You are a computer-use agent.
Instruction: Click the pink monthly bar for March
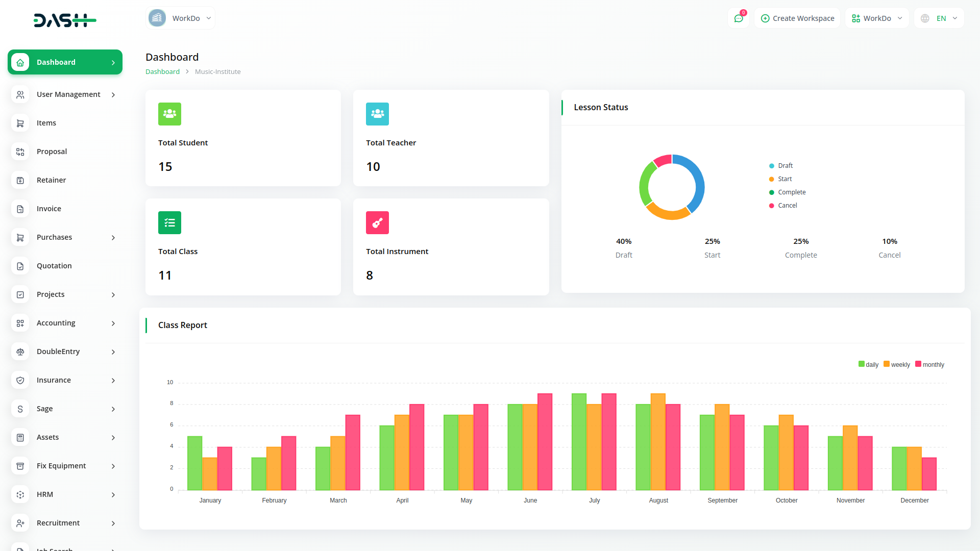pos(353,453)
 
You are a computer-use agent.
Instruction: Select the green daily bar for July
pos(579,442)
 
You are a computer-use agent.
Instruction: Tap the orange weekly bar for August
pos(658,442)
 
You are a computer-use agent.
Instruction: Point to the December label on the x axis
pos(914,500)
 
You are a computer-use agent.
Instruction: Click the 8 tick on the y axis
pos(171,404)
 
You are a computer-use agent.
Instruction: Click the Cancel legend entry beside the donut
pos(787,206)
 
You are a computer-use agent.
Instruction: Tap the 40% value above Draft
pos(624,241)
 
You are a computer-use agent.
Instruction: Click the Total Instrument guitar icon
pos(377,223)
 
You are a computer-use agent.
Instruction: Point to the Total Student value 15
pos(165,167)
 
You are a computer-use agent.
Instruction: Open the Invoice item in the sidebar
pos(49,209)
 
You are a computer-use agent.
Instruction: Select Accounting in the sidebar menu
pos(56,323)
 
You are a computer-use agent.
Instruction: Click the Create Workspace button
pos(797,18)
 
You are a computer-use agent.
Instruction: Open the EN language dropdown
pos(940,18)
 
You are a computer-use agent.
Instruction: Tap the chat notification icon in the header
pos(739,18)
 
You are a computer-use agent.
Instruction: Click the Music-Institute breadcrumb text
pos(217,72)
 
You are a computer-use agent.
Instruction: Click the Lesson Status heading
pos(601,108)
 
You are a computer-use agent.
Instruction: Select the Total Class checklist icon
pos(169,223)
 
